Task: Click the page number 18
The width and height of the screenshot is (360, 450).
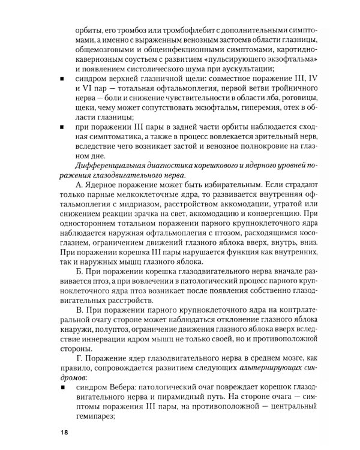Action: (64, 432)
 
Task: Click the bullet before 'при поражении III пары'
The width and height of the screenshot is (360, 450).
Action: (64, 127)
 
